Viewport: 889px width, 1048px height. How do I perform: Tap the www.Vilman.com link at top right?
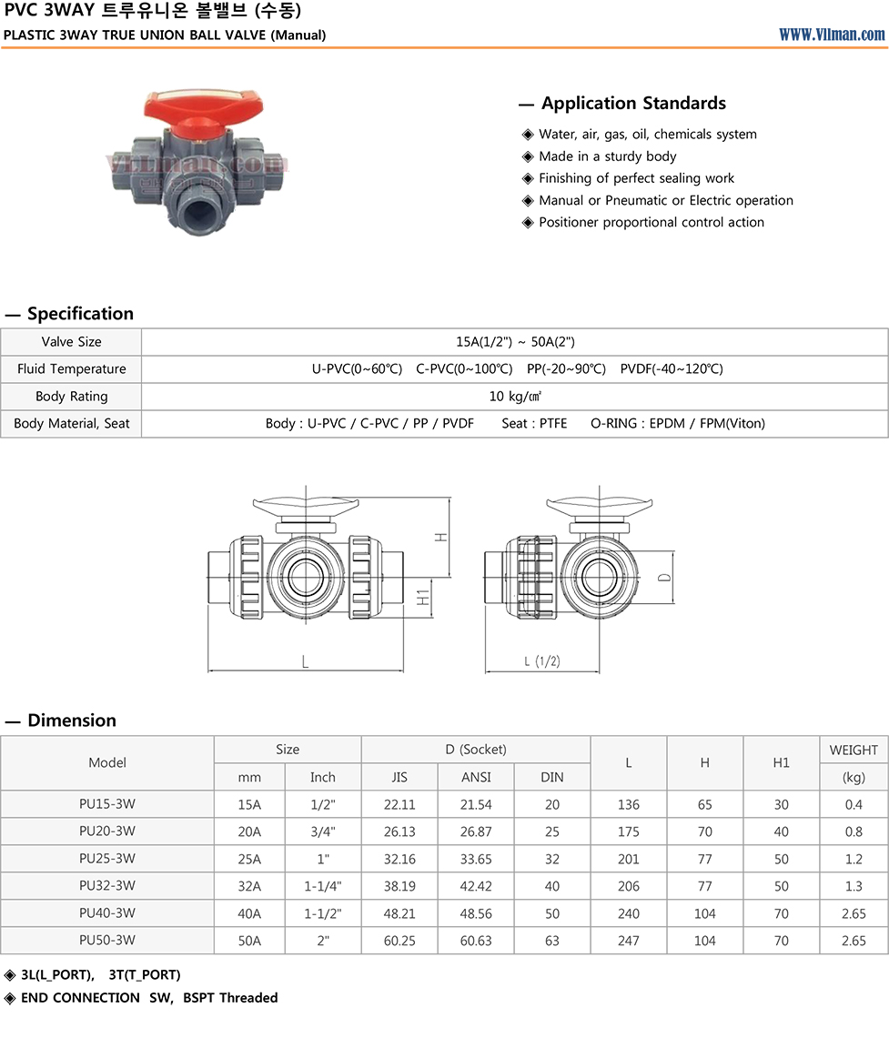point(831,35)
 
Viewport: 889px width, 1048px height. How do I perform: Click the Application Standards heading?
point(633,104)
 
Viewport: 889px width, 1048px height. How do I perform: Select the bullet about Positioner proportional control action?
point(651,222)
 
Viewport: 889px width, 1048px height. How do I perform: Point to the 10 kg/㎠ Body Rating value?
point(515,396)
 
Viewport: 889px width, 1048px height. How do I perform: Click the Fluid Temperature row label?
point(71,368)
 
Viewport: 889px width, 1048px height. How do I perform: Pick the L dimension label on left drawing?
point(305,661)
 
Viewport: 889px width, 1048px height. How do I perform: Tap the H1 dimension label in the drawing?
point(423,598)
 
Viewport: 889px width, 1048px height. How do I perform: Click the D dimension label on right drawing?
point(664,577)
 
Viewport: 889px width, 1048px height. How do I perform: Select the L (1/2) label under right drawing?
point(542,661)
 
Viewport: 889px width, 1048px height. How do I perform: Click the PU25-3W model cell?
point(107,859)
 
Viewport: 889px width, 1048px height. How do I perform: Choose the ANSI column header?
point(476,777)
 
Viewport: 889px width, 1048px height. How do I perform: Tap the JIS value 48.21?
point(399,913)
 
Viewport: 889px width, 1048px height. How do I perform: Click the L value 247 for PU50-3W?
point(629,941)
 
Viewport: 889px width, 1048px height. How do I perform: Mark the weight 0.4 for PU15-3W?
point(854,804)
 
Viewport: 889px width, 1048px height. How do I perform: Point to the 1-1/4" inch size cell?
point(322,886)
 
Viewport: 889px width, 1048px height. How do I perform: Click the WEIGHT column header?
point(854,750)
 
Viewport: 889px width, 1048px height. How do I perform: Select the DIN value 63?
point(552,941)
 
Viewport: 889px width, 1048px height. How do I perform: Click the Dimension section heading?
point(72,720)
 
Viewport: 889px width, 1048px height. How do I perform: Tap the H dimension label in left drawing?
point(441,536)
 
